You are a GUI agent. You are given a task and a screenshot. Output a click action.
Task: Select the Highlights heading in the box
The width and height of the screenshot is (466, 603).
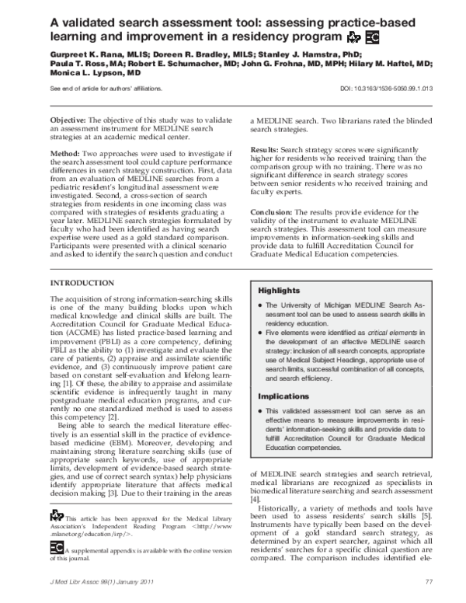coord(278,290)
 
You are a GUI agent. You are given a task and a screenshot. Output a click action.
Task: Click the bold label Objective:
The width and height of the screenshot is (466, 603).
coord(73,123)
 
